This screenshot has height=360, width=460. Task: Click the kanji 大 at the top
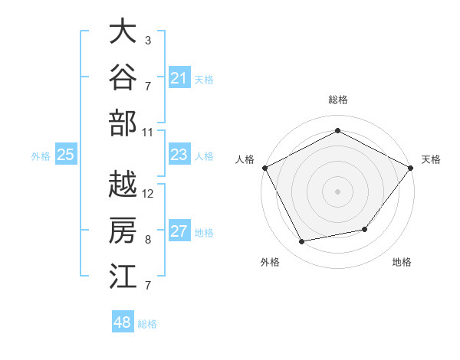tap(123, 31)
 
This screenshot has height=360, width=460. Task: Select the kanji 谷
tap(123, 77)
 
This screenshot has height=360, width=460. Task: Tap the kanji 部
tap(123, 123)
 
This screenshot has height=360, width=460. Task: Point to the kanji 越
tap(123, 184)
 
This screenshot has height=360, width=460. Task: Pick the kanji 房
tap(123, 230)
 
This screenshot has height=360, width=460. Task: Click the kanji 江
tap(123, 276)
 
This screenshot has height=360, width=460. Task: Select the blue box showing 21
tap(179, 77)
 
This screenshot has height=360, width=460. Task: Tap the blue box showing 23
tap(179, 154)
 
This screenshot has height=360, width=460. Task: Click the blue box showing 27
tap(179, 230)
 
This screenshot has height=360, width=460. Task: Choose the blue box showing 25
tap(66, 154)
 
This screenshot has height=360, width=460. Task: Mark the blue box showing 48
tap(123, 321)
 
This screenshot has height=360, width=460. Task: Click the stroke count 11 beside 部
tap(147, 133)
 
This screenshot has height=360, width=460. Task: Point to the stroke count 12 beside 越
tap(147, 194)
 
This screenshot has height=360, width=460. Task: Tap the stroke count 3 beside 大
tap(148, 40)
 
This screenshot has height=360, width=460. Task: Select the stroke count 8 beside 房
tap(148, 240)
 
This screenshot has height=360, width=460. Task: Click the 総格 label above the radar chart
tap(338, 100)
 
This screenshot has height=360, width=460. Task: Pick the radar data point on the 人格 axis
tap(265, 168)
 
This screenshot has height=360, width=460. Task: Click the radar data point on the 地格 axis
tap(365, 229)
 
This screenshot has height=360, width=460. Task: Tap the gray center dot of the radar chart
tap(337, 191)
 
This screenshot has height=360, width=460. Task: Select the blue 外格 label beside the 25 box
tap(41, 156)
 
